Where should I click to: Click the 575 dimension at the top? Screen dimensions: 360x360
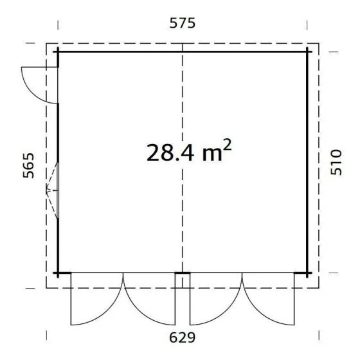point(183,23)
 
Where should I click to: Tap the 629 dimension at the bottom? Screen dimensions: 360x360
point(183,337)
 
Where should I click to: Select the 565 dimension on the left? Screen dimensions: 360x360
point(28,165)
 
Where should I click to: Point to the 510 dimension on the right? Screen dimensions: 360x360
point(336,162)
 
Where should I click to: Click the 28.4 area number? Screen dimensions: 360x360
point(170,152)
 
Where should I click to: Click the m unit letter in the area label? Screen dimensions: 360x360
point(212,154)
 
